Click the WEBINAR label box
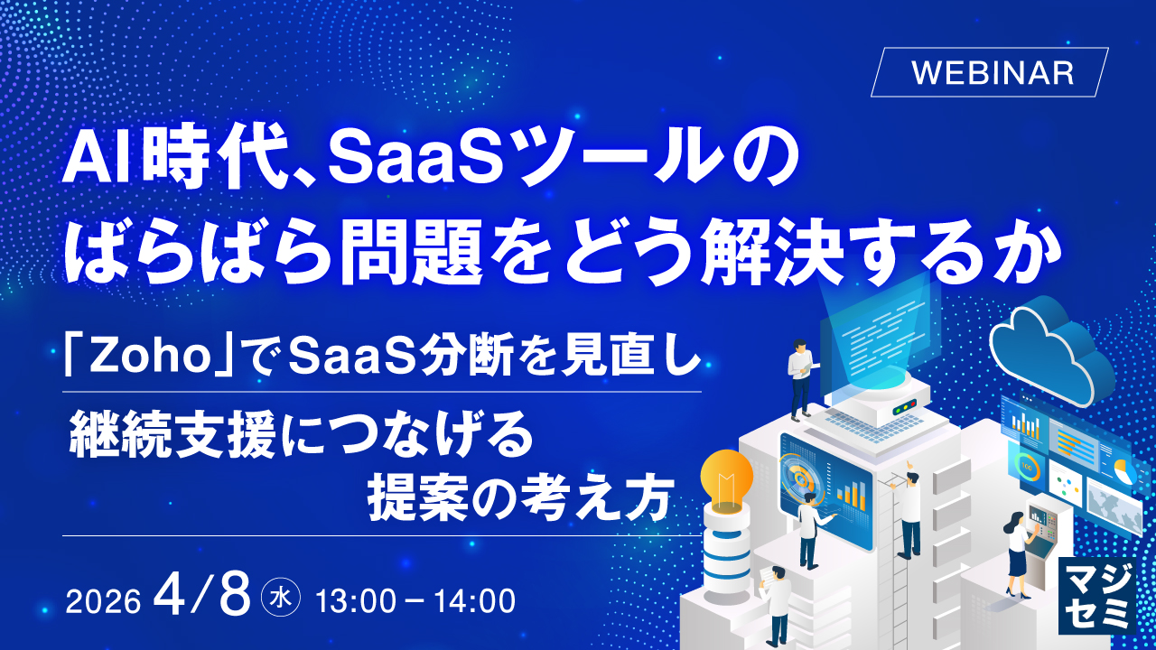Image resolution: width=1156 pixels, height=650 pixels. pyautogui.click(x=989, y=72)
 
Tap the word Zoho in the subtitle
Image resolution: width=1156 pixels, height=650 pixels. pyautogui.click(x=150, y=356)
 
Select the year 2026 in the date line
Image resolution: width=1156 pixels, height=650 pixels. pyautogui.click(x=103, y=601)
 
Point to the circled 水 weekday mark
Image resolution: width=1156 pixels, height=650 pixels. pyautogui.click(x=281, y=599)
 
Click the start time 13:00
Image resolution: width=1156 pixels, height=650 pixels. pyautogui.click(x=355, y=601)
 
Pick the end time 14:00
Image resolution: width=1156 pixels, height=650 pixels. pyautogui.click(x=475, y=601)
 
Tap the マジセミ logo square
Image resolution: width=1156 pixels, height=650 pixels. pyautogui.click(x=1096, y=596)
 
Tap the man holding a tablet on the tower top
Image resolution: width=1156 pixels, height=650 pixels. pyautogui.click(x=800, y=379)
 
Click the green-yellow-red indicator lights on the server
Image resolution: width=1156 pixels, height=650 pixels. pyautogui.click(x=905, y=406)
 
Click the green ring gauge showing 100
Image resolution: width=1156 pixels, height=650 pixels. pyautogui.click(x=1027, y=468)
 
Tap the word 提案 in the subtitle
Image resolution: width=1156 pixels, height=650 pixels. pyautogui.click(x=418, y=498)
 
